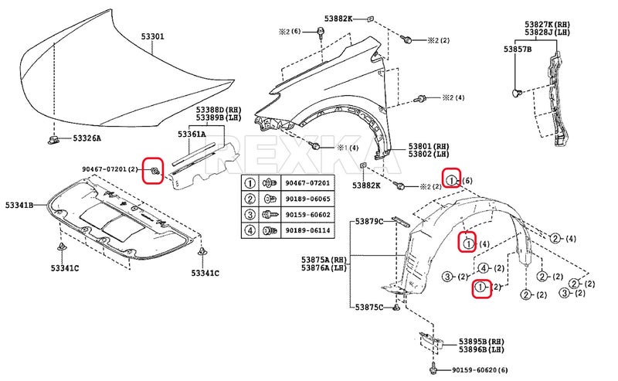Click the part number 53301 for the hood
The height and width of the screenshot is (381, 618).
tap(153, 36)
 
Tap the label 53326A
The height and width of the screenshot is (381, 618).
tap(87, 138)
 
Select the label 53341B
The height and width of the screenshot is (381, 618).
tap(19, 205)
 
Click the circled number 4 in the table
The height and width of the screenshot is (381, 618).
tap(250, 230)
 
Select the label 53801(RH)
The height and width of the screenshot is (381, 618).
tap(429, 145)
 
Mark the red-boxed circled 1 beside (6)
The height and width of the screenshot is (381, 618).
tap(452, 180)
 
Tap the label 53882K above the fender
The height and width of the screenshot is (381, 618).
tap(338, 17)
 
